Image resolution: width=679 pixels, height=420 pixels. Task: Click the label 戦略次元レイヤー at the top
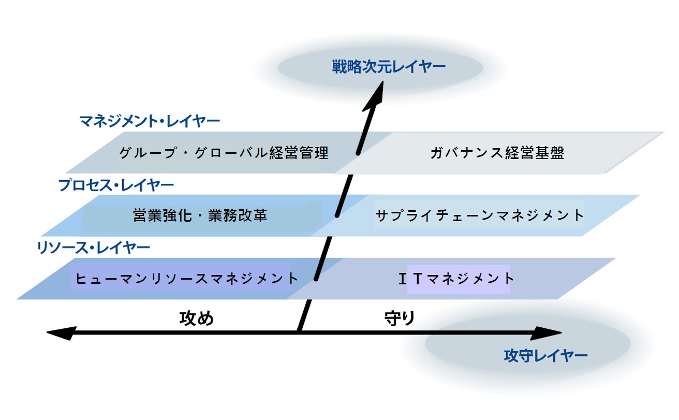click(x=389, y=67)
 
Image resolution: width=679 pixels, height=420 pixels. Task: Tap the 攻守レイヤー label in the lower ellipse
click(x=545, y=356)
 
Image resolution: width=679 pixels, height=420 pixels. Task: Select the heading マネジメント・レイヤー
click(x=150, y=121)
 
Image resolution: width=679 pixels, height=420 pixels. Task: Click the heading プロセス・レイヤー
click(x=116, y=185)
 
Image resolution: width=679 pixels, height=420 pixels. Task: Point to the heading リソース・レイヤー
click(x=93, y=248)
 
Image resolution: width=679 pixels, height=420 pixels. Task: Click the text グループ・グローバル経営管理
click(x=224, y=153)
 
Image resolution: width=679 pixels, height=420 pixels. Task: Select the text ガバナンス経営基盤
click(x=497, y=153)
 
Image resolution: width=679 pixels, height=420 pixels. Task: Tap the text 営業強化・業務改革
click(x=200, y=215)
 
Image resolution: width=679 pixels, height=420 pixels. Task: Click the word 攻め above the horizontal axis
click(x=197, y=318)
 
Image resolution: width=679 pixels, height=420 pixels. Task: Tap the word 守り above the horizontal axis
click(x=400, y=318)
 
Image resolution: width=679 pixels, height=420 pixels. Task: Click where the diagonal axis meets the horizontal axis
click(x=299, y=332)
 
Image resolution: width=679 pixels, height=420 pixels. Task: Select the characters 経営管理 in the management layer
click(x=299, y=153)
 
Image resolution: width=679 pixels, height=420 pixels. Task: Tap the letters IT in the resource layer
click(x=410, y=279)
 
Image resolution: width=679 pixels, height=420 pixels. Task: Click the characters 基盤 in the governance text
click(x=550, y=153)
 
